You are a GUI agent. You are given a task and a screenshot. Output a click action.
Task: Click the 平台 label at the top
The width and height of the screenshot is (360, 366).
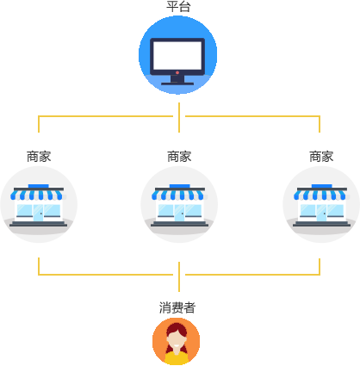(178, 7)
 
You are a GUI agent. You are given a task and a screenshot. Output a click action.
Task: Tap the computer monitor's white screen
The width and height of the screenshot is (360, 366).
(177, 55)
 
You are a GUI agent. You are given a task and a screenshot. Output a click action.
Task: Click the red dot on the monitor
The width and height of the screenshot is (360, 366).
(177, 72)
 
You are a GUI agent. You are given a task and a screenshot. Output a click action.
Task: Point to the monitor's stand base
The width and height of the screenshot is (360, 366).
(177, 84)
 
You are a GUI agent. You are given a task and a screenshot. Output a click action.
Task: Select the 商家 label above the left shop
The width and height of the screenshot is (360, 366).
(39, 157)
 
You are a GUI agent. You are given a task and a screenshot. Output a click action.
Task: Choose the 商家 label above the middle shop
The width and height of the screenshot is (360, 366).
(179, 157)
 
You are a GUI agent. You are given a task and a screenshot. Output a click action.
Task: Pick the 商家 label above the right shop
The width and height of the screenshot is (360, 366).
(321, 157)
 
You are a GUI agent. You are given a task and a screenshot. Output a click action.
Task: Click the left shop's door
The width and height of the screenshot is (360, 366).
(38, 213)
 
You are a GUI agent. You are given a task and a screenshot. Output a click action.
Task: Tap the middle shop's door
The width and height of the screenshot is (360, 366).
(179, 213)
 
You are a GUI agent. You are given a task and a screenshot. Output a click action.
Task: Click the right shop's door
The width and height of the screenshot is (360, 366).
(321, 213)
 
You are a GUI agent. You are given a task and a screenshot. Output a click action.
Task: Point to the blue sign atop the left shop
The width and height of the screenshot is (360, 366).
(39, 186)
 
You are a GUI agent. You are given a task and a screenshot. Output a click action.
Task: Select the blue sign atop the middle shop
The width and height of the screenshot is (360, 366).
(180, 186)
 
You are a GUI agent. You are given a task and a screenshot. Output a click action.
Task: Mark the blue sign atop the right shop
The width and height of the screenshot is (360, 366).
(322, 186)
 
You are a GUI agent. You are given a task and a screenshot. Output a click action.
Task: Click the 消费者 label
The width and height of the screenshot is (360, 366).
(177, 307)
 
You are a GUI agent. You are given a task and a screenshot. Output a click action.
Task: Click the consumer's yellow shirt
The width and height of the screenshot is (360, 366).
(177, 357)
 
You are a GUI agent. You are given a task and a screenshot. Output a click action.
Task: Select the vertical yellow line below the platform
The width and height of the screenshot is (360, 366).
(179, 117)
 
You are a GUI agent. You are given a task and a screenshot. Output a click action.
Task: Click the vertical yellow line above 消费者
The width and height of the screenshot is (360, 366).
(179, 276)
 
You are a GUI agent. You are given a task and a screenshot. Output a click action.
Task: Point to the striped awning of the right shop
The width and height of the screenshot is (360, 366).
(320, 195)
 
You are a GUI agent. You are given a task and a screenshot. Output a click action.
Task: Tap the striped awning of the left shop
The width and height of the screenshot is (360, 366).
(37, 195)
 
